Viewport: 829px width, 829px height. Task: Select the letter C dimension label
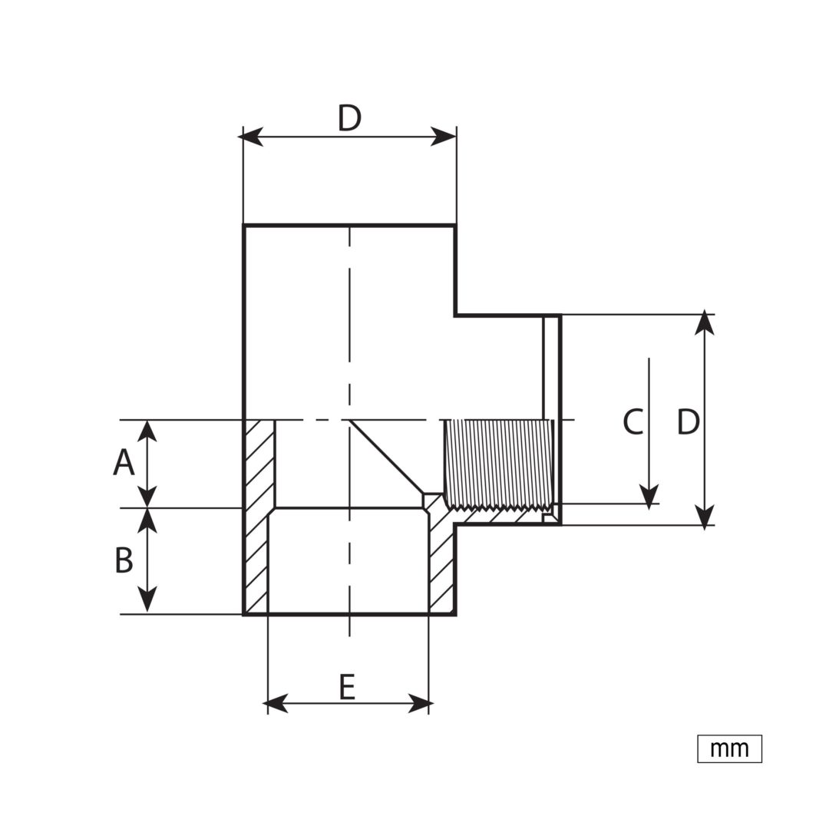tap(633, 421)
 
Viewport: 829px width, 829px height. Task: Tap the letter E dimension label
tap(347, 686)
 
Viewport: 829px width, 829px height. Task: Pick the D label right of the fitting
tap(688, 421)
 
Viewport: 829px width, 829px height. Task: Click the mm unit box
tap(730, 748)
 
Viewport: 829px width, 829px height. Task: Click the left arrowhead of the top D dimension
tap(250, 137)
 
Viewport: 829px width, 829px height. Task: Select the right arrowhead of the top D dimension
tap(444, 137)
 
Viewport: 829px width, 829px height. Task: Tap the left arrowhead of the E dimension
tap(275, 704)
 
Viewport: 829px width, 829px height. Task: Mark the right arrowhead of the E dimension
tap(421, 704)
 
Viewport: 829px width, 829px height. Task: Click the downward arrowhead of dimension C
tap(649, 497)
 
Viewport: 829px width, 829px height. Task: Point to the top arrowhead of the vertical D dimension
tap(705, 323)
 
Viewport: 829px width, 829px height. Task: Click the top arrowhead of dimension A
tap(147, 431)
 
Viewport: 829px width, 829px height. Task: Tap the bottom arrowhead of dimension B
tap(147, 600)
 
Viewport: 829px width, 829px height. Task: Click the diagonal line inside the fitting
tap(386, 457)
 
